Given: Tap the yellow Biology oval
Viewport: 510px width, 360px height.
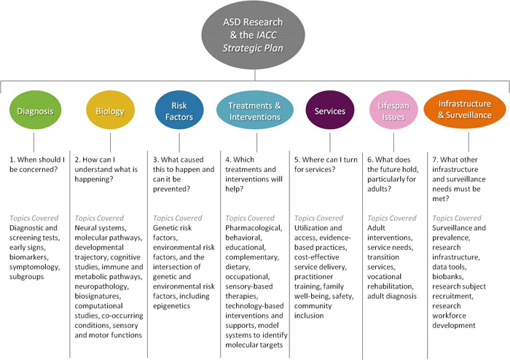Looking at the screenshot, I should (109, 112).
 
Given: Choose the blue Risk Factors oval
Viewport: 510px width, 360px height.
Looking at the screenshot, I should (179, 111).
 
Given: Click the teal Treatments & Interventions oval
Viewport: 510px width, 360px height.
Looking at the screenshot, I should (254, 112).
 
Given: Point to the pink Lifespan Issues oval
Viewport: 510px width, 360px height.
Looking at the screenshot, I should (393, 112).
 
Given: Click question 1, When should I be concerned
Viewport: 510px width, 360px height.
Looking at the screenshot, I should (40, 163).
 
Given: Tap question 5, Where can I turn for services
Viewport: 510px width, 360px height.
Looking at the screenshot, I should (325, 163).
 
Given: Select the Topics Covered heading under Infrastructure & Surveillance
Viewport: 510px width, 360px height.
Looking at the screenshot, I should (457, 217).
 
